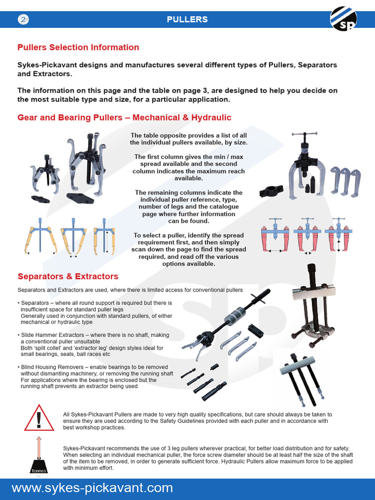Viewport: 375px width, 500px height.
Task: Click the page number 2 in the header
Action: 24,20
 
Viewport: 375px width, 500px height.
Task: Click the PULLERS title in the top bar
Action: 187,20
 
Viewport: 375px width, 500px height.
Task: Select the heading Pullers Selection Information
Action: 78,47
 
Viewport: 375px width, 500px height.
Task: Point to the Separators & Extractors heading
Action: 68,276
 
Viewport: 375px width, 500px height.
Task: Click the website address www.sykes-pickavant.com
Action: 92,488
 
